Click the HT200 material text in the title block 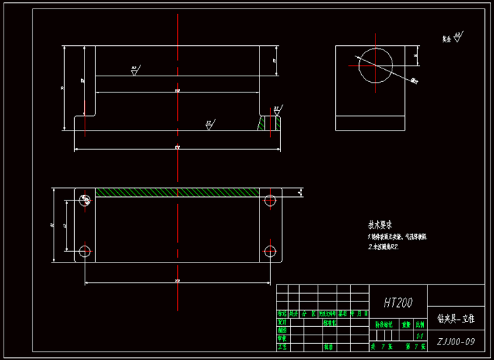(398, 304)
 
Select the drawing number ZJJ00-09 (455, 342)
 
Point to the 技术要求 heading (380, 225)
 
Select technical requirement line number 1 (397, 237)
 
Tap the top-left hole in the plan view (85, 200)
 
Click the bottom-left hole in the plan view (85, 251)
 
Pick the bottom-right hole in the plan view (270, 251)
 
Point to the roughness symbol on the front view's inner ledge (134, 70)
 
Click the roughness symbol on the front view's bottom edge (210, 124)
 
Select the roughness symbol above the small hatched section (277, 110)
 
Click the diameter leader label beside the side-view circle (414, 80)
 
